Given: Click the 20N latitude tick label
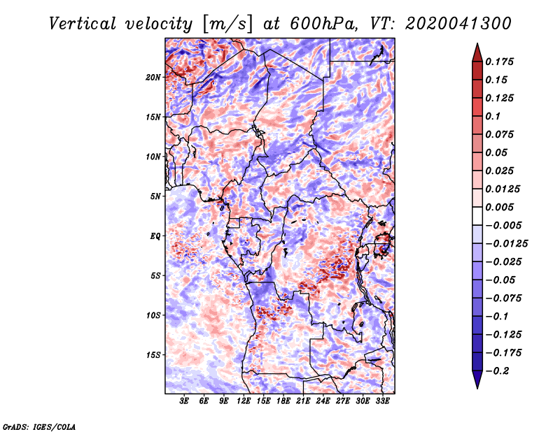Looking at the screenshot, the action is [153, 78].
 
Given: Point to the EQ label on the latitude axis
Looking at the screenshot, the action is [155, 236].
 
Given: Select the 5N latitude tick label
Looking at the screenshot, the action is [155, 196].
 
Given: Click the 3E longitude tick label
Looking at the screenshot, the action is [184, 401].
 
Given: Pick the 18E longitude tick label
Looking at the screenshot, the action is [283, 401].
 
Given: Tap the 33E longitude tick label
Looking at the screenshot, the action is [382, 401].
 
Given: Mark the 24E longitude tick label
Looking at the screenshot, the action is [323, 401].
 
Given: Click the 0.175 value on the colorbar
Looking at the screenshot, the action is [499, 62].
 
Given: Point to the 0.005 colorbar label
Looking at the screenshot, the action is [499, 207].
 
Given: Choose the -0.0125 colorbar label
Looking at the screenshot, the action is [506, 244].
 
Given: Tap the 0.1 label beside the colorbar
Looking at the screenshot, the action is [493, 116].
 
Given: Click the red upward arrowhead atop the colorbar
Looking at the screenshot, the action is [477, 52].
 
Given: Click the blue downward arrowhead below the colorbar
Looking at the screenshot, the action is [477, 380].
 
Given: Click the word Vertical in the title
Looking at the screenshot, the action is [83, 24].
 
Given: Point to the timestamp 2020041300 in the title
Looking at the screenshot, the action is [458, 24].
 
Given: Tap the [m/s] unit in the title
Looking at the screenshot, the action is [227, 24].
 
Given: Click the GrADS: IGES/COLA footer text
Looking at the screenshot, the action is [39, 426].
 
